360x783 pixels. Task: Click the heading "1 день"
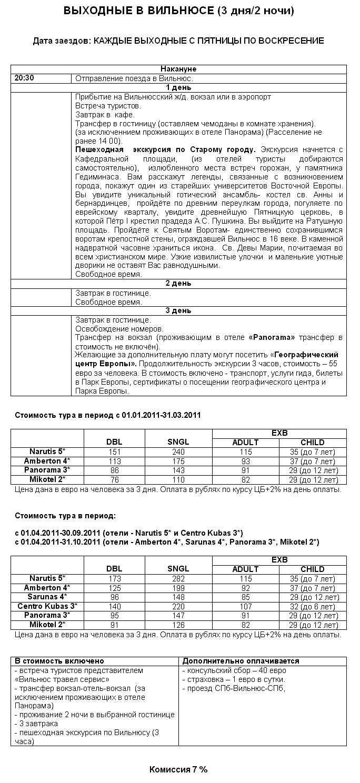click(178, 87)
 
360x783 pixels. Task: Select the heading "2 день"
click(178, 283)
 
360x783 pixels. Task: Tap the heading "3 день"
click(178, 310)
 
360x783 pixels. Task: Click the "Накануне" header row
click(178, 69)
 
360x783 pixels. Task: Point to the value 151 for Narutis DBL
click(114, 451)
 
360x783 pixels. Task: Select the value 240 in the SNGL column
click(178, 451)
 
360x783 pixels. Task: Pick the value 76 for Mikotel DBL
click(114, 480)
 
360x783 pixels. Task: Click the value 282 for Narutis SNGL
click(178, 578)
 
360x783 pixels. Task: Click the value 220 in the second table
click(178, 606)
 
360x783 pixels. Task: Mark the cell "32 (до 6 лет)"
click(313, 606)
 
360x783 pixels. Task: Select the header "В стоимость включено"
click(59, 661)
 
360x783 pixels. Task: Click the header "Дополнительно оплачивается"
click(241, 661)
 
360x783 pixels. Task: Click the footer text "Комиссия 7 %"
click(178, 769)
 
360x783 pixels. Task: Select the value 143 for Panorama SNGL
click(178, 470)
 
